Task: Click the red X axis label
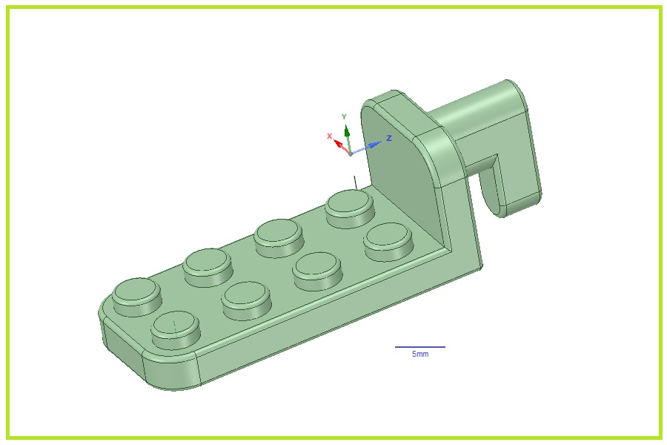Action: (x=329, y=136)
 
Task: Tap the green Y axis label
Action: (x=344, y=116)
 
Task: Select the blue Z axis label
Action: (x=389, y=138)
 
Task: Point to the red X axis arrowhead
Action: (x=339, y=143)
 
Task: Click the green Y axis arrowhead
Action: (x=347, y=131)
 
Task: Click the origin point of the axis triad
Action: (x=350, y=154)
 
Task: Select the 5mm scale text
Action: (x=420, y=354)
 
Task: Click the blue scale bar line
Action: (x=420, y=346)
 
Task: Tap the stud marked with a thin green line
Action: (x=175, y=329)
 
